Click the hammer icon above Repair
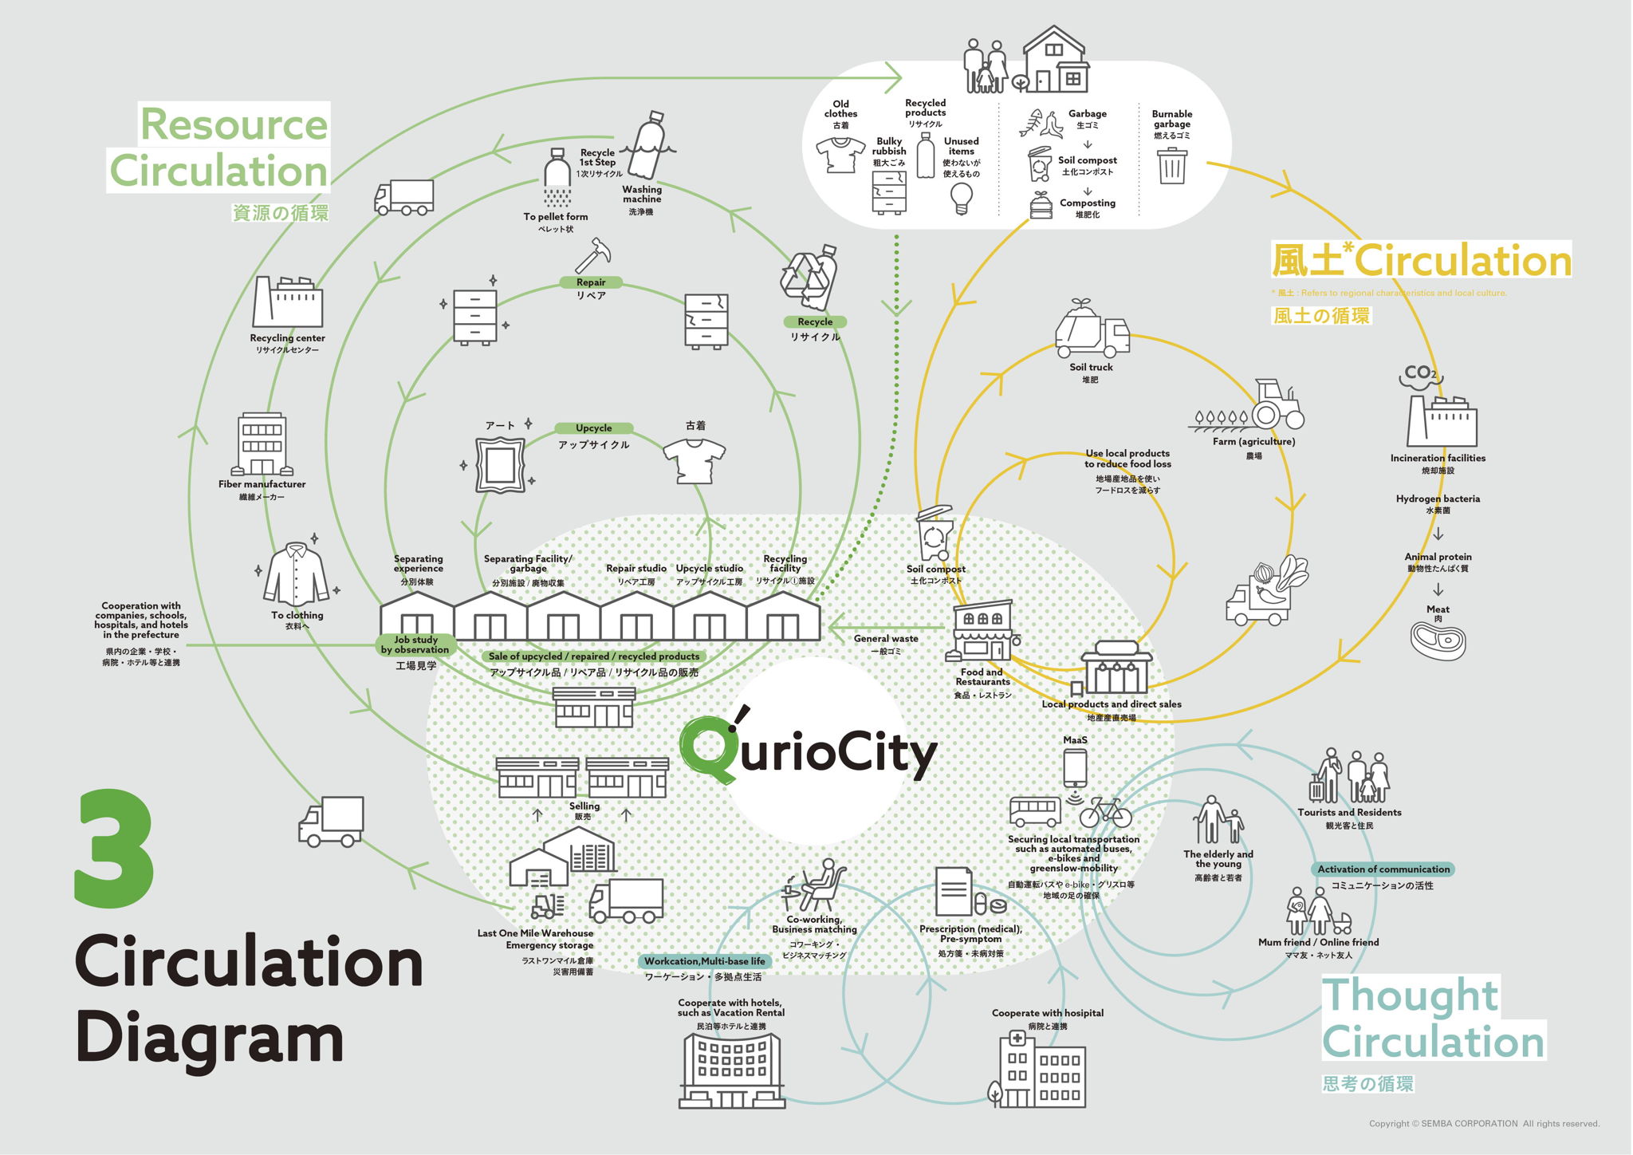click(x=592, y=254)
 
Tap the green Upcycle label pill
click(x=593, y=428)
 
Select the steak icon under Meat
click(x=1438, y=641)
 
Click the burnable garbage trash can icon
click(x=1171, y=165)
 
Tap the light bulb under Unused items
click(x=962, y=198)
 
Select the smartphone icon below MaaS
click(x=1075, y=768)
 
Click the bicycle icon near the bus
click(x=1106, y=813)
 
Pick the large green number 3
click(x=115, y=849)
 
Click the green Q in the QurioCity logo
click(x=709, y=747)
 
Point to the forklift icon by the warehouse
click(x=548, y=905)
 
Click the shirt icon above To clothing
click(x=297, y=574)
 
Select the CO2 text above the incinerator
click(x=1421, y=373)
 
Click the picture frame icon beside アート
click(x=500, y=464)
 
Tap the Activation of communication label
click(x=1383, y=869)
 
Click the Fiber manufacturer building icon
click(x=262, y=444)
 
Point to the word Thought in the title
click(x=1411, y=995)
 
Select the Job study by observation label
click(x=415, y=645)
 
